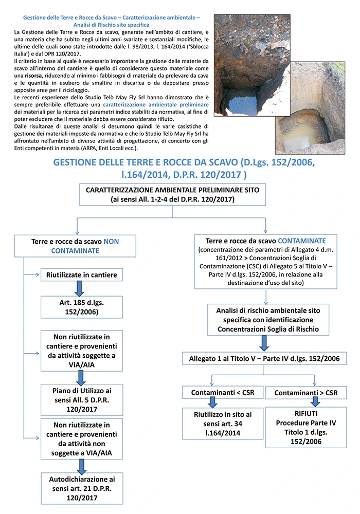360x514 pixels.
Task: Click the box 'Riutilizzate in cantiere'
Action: [x=82, y=275]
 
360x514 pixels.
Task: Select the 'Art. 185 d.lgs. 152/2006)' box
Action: [x=82, y=307]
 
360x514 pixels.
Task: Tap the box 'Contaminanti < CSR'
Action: [x=222, y=393]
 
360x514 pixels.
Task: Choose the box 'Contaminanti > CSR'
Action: [x=306, y=393]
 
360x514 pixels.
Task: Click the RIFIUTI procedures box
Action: [x=306, y=427]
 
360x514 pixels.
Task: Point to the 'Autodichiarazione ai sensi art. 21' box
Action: [x=82, y=488]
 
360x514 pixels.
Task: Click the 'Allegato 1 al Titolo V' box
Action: [x=264, y=358]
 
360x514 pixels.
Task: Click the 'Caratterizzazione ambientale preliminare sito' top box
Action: [x=173, y=195]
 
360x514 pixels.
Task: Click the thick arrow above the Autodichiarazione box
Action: [x=81, y=465]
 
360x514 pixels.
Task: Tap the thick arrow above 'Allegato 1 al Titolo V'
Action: [x=264, y=342]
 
